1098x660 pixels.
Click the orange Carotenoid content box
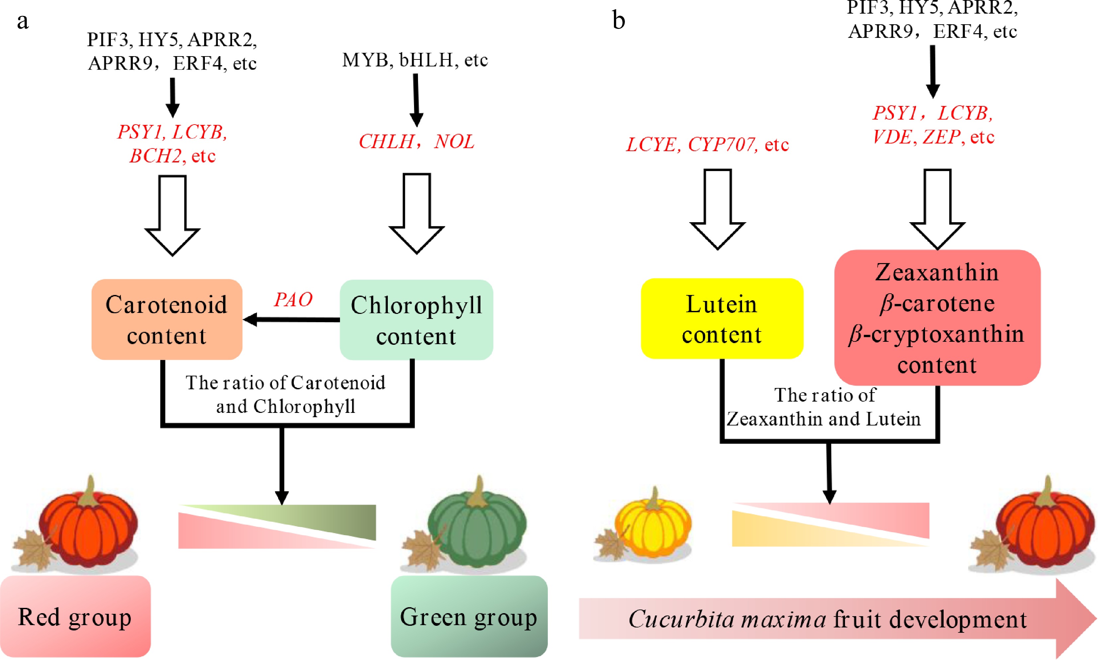(x=167, y=319)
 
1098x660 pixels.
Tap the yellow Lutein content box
(x=721, y=319)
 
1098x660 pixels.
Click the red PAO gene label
(x=293, y=299)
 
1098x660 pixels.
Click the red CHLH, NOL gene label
(x=416, y=142)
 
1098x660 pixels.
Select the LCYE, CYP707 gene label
(x=707, y=144)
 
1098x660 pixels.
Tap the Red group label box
(x=75, y=616)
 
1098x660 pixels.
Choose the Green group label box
(x=469, y=616)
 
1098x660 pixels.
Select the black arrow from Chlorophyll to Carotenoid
(x=292, y=319)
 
